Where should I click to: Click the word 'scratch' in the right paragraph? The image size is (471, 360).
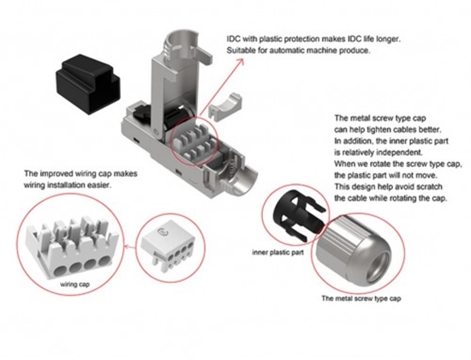click(x=423, y=187)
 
